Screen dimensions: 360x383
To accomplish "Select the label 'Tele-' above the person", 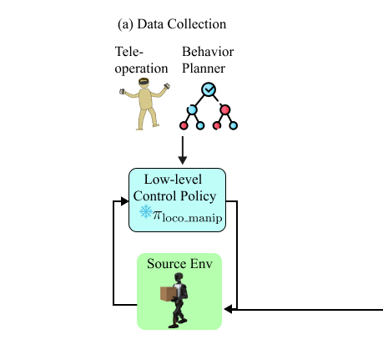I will point(129,52).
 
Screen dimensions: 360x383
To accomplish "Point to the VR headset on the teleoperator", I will point(144,83).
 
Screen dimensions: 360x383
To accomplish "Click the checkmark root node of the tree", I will point(208,89).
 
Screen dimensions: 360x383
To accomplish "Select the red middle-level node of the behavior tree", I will point(224,109).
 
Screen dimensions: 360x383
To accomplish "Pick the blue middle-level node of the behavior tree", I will point(192,109).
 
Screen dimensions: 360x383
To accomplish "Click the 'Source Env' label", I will point(179,264).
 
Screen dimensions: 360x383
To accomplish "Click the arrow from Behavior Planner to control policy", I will point(183,150).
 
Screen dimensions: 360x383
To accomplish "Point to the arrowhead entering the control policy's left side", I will point(123,201).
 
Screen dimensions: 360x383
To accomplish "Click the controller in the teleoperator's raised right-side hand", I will point(166,85).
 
